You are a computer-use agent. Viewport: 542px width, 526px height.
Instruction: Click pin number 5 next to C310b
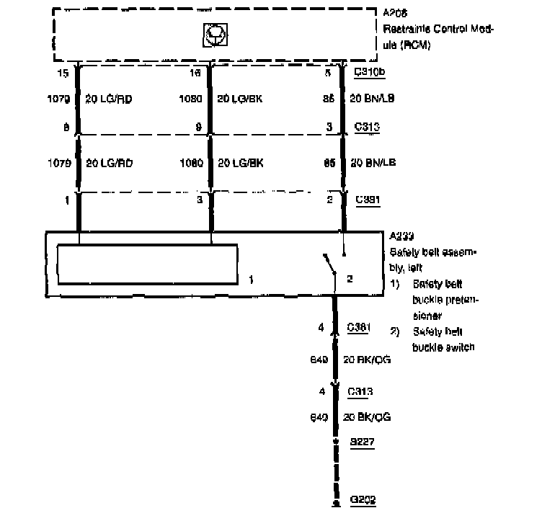328,73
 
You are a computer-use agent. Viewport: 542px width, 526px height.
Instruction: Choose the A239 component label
399,236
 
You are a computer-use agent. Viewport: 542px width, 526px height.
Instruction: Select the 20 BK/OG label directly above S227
368,416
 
